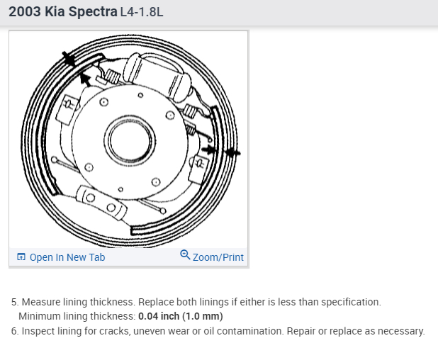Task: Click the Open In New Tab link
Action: coord(61,257)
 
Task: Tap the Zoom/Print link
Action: coord(212,257)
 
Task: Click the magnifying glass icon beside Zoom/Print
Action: coord(185,254)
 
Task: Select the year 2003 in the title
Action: coord(25,12)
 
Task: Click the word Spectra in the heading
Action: coord(93,12)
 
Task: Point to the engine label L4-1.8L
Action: coord(142,12)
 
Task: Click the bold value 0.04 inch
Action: coord(159,316)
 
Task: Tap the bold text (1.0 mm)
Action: coord(203,316)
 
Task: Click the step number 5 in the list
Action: coord(15,302)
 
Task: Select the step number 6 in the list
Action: coord(15,331)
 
